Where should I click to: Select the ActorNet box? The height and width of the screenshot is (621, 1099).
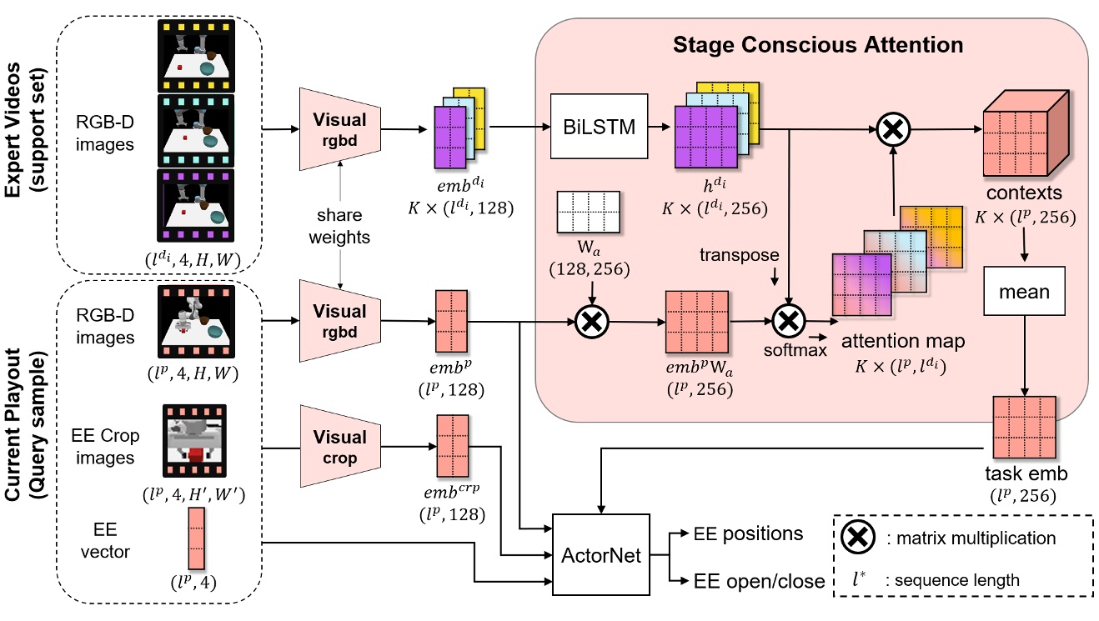pyautogui.click(x=601, y=554)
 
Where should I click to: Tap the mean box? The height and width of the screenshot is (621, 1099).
pyautogui.click(x=1025, y=292)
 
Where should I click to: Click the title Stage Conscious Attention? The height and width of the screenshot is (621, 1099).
pyautogui.click(x=818, y=44)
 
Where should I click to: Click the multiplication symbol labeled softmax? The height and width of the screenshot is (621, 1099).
pyautogui.click(x=786, y=320)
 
